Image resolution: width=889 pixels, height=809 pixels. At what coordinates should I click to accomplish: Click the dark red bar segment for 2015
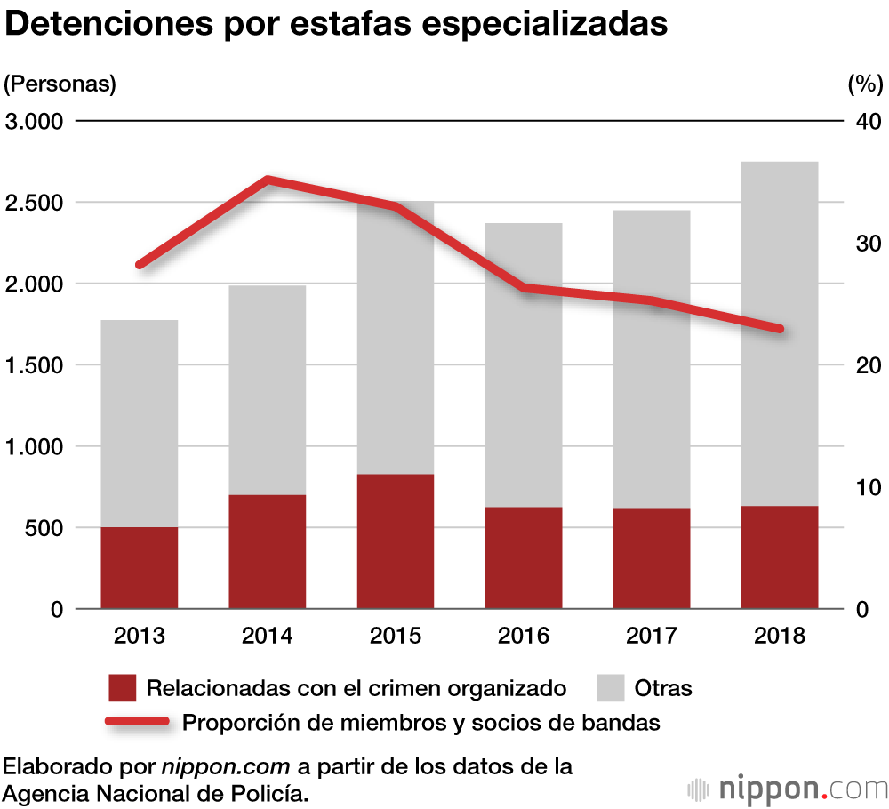point(396,541)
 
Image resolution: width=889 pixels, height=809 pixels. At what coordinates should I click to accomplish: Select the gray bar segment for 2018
point(780,333)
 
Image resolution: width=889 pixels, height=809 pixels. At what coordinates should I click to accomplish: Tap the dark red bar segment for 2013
point(140,567)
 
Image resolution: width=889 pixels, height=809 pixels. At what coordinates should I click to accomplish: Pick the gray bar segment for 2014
point(268,389)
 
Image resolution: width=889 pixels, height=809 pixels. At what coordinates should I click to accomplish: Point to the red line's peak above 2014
point(268,180)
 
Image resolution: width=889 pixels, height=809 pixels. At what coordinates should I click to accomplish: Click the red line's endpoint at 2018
point(780,329)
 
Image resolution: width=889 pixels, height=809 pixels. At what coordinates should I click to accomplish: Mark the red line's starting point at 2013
point(140,265)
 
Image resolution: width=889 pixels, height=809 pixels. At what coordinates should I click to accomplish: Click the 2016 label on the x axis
point(524,637)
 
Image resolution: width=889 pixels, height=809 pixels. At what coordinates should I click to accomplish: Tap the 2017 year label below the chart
point(652,637)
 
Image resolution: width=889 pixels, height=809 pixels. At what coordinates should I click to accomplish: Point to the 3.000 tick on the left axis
point(35,121)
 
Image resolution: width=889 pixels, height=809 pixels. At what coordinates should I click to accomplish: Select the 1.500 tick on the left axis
point(35,365)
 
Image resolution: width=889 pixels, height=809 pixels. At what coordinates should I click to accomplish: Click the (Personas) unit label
point(60,84)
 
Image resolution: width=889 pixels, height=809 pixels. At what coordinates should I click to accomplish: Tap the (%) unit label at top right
point(865,84)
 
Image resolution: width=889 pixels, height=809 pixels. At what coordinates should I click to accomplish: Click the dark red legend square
point(122,688)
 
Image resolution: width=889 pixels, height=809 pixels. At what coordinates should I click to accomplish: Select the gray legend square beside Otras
point(610,688)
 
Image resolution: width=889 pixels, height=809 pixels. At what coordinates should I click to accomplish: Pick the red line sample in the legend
point(137,722)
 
